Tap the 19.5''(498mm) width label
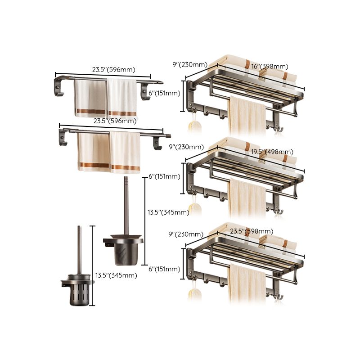point(274,152)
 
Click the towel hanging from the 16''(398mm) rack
point(247,116)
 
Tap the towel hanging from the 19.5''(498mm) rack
point(247,198)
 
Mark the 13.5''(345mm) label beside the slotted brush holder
point(116,275)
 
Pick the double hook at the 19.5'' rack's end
point(279,211)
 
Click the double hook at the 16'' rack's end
point(278,129)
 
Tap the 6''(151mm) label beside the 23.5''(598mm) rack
point(164,269)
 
